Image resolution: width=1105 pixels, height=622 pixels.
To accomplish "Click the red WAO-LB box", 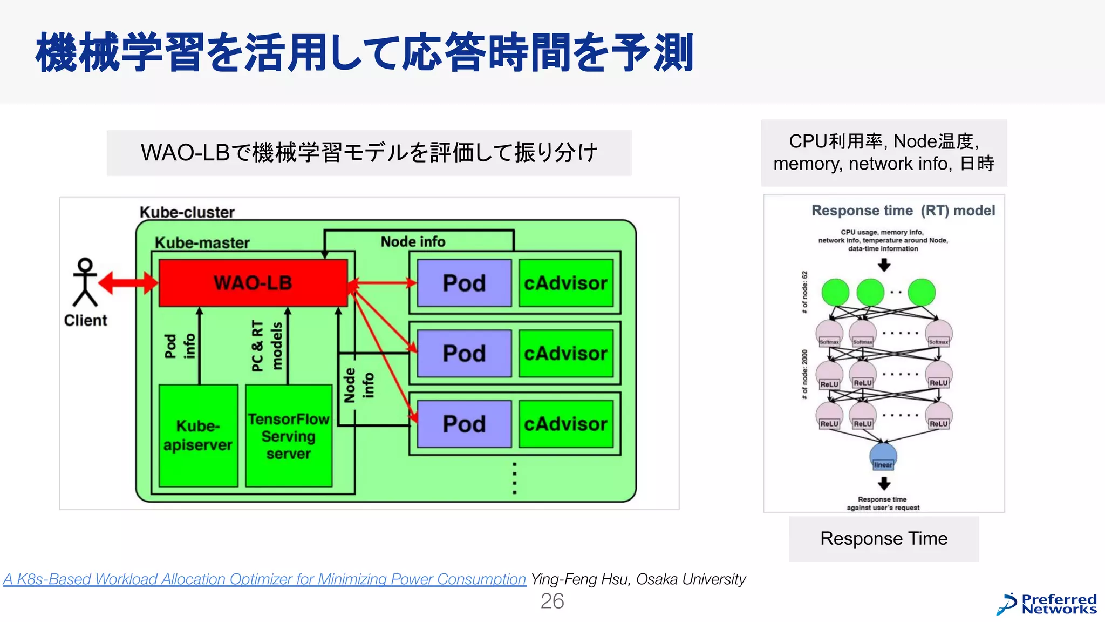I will tap(253, 283).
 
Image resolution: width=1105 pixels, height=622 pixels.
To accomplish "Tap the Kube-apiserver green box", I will tap(198, 435).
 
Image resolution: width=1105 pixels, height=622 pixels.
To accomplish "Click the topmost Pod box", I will tap(464, 283).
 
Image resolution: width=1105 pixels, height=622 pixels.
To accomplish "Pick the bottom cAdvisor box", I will tap(565, 424).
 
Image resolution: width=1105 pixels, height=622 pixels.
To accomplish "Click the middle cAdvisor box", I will tap(565, 354).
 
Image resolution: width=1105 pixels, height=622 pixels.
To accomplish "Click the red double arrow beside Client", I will tap(128, 283).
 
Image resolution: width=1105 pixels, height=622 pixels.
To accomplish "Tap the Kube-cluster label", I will tap(187, 212).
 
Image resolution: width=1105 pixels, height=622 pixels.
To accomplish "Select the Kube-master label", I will tap(202, 243).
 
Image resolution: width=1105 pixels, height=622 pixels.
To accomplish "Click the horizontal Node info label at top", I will tap(413, 241).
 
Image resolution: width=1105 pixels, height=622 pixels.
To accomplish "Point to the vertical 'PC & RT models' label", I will tap(267, 346).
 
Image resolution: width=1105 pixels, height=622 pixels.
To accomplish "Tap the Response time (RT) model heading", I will tap(903, 211).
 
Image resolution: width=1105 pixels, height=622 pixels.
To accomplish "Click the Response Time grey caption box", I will tap(883, 538).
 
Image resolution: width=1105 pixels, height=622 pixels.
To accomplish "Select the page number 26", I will tap(552, 601).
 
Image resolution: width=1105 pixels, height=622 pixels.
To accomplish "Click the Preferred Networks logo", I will tap(1047, 604).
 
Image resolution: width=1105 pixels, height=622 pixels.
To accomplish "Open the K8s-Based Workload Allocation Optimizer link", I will tap(264, 579).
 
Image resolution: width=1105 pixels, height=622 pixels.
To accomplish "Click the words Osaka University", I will tap(691, 579).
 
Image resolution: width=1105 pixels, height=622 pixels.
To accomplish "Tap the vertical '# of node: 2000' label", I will tap(804, 374).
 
